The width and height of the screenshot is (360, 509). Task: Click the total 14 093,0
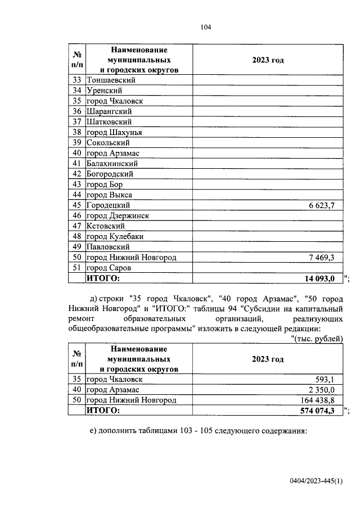tap(319, 278)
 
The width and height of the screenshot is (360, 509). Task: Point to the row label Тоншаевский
tap(111, 80)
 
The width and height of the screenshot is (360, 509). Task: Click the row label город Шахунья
tap(114, 132)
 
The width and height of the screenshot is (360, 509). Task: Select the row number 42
tap(77, 174)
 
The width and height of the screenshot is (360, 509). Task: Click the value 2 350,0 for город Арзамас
tap(322, 389)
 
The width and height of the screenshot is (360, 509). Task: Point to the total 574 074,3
tap(317, 411)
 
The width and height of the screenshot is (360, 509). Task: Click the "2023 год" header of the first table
tap(268, 60)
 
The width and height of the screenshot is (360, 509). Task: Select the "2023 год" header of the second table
tap(268, 359)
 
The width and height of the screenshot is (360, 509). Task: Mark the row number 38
tap(77, 133)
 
